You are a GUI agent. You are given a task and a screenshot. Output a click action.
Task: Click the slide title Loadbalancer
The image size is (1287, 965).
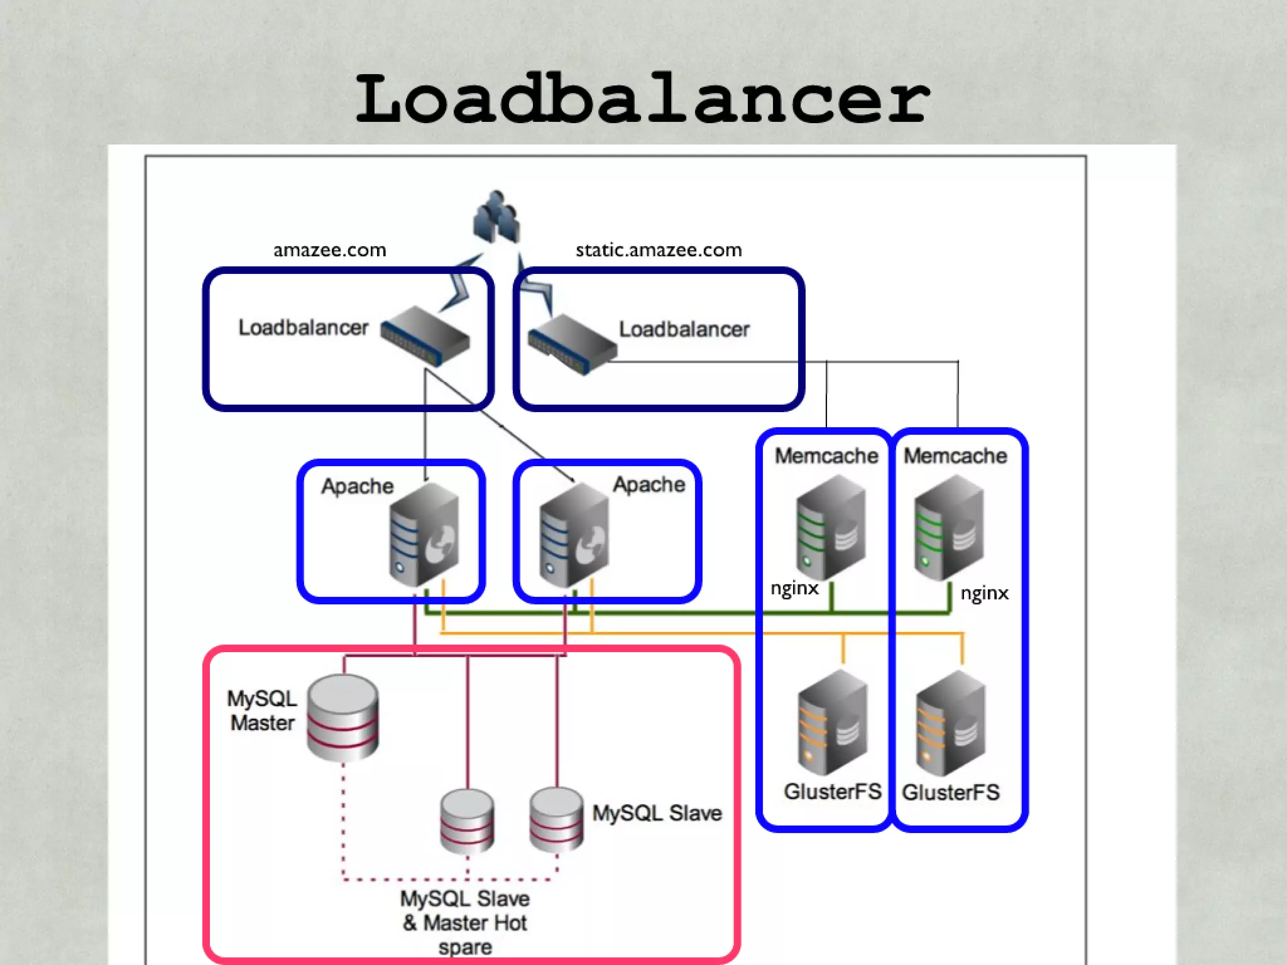642,99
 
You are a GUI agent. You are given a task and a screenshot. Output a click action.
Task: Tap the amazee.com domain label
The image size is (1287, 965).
329,250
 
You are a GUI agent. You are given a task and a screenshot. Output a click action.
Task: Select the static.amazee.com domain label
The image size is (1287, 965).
659,250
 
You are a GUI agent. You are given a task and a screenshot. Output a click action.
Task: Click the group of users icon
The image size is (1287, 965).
496,217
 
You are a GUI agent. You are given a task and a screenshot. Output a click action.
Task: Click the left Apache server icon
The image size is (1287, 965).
424,534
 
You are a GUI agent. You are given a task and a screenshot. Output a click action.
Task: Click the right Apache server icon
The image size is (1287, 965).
574,534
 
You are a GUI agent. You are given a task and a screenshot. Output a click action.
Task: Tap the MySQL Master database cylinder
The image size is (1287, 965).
342,717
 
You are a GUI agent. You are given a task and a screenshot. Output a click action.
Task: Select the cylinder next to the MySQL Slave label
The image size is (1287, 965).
556,819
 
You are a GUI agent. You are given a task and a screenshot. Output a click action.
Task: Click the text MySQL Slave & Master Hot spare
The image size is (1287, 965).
465,922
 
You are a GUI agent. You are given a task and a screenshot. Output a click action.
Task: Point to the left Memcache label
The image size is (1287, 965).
826,455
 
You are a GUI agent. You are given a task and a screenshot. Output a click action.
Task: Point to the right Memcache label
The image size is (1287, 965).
955,455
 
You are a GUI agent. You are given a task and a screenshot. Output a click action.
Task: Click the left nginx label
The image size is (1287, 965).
794,588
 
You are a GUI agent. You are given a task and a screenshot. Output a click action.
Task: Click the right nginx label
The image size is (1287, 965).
984,593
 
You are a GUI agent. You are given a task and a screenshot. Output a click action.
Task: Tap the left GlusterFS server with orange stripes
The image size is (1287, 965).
833,722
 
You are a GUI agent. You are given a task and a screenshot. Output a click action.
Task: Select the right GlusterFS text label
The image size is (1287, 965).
950,792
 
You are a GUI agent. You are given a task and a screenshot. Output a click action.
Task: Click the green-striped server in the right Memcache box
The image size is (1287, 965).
949,528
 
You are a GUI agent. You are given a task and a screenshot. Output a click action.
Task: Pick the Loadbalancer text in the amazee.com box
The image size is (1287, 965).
303,327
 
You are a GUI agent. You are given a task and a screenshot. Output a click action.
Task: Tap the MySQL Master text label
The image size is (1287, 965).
262,711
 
